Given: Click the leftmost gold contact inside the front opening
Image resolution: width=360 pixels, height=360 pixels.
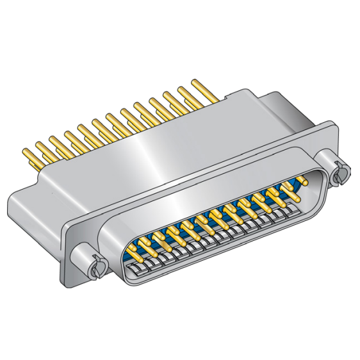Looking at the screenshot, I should tap(134, 249).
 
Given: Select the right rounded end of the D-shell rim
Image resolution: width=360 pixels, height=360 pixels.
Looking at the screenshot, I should tap(320, 192).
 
